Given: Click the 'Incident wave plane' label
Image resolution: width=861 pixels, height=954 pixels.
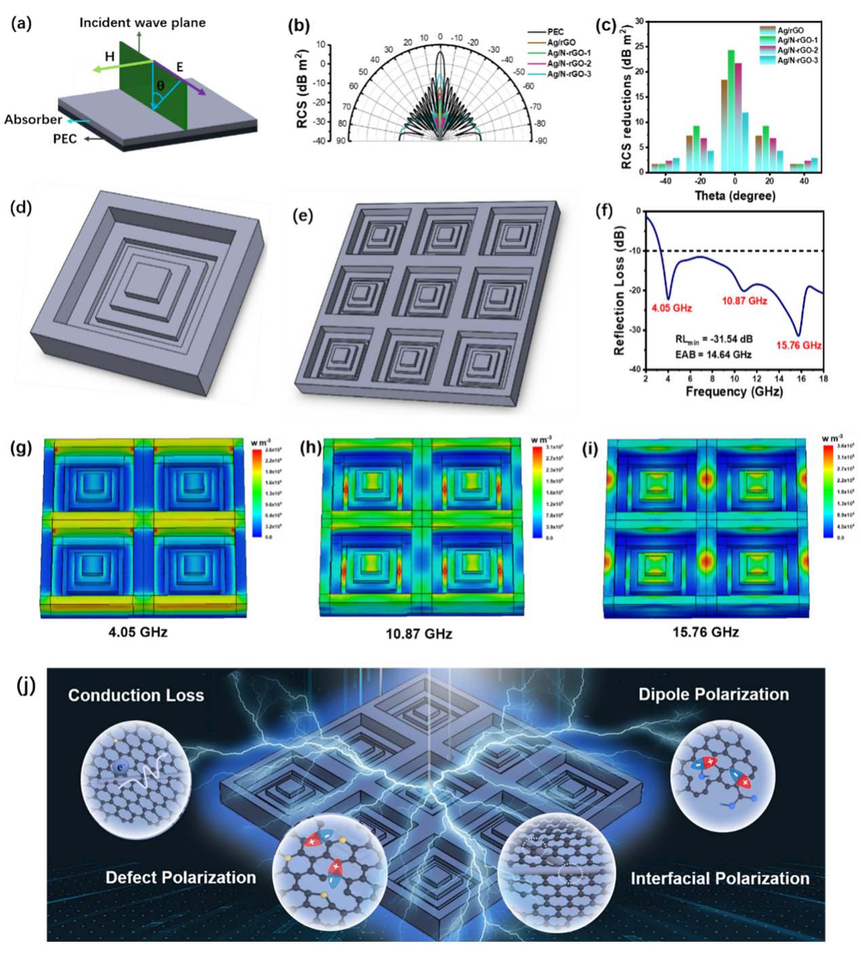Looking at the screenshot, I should point(142,22).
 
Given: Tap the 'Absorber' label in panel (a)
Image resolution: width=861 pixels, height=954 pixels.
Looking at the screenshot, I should point(33,119).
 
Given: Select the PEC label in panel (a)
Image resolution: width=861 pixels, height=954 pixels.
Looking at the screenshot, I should point(65,139).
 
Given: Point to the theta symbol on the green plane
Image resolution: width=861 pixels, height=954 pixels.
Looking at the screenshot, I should point(160,86).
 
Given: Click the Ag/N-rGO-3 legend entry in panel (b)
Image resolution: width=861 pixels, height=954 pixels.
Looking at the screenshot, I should point(569,74).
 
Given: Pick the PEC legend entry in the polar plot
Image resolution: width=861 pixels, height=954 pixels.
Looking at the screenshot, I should point(555,32).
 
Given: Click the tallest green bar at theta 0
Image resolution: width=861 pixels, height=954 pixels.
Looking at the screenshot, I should point(731,109).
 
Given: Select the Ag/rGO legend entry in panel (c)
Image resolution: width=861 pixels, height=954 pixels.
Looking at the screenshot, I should point(790,31).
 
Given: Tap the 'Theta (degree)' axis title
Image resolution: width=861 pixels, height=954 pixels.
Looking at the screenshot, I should point(735,195).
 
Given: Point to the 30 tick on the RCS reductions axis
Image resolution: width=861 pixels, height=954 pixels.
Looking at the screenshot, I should point(639,22).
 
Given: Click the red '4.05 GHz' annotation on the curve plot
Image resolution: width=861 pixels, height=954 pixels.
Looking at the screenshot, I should point(672,308).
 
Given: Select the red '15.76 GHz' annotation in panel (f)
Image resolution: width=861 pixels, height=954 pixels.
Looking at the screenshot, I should point(799,345).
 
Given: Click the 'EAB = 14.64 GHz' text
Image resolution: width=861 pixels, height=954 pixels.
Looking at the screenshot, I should point(713,354).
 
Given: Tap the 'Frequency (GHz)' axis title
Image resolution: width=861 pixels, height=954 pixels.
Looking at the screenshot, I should point(734,392).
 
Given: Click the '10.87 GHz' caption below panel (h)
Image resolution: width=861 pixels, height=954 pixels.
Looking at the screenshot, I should point(419,634).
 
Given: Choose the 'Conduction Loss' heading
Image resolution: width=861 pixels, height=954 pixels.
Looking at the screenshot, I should point(136,695).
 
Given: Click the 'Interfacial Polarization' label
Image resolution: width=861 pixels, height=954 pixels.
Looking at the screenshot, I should point(720,879).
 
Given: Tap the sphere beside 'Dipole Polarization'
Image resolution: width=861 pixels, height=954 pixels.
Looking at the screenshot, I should point(723,774).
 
